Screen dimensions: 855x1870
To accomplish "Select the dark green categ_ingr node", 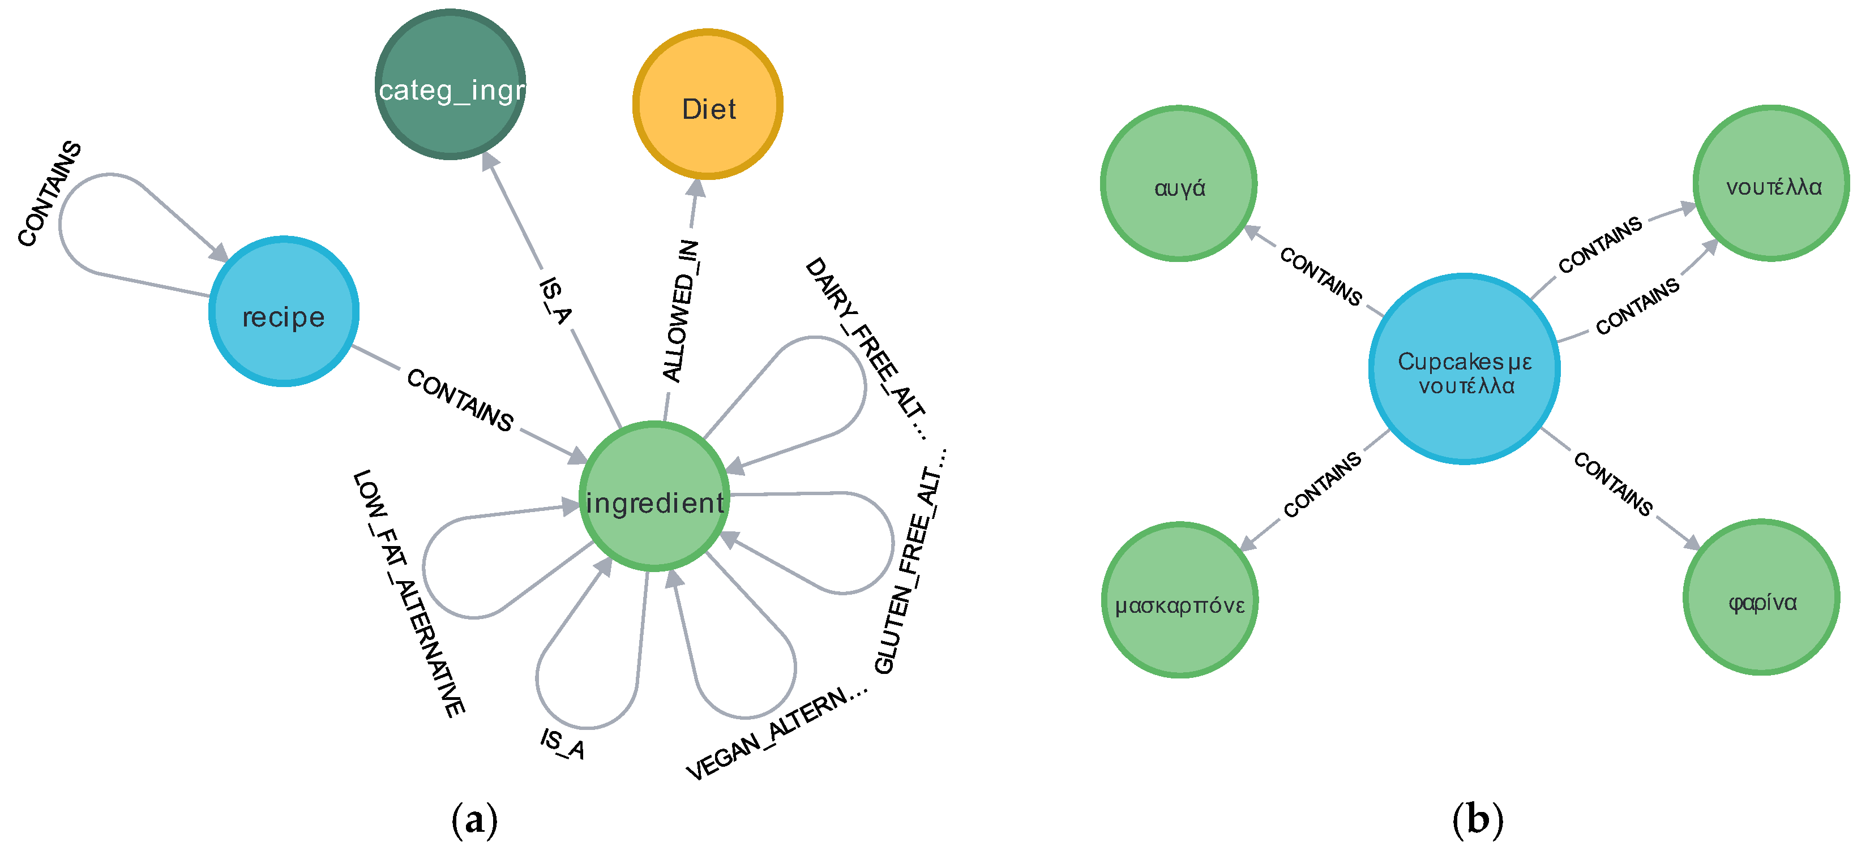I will (450, 84).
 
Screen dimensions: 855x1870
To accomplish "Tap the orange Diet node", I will (708, 105).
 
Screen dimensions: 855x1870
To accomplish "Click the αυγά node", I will (1179, 184).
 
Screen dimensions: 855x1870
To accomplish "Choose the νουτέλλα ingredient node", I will (1771, 184).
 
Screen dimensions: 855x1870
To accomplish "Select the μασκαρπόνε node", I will (1180, 600).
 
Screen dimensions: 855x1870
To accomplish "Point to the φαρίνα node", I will (1761, 598).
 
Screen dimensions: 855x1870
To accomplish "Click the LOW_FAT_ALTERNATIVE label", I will (409, 593).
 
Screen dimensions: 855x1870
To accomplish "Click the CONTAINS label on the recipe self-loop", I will (50, 193).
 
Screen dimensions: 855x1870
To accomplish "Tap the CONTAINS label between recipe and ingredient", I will (460, 400).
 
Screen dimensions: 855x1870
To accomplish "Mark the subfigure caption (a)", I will (475, 820).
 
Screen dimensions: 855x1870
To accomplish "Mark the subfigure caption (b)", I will (1477, 820).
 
